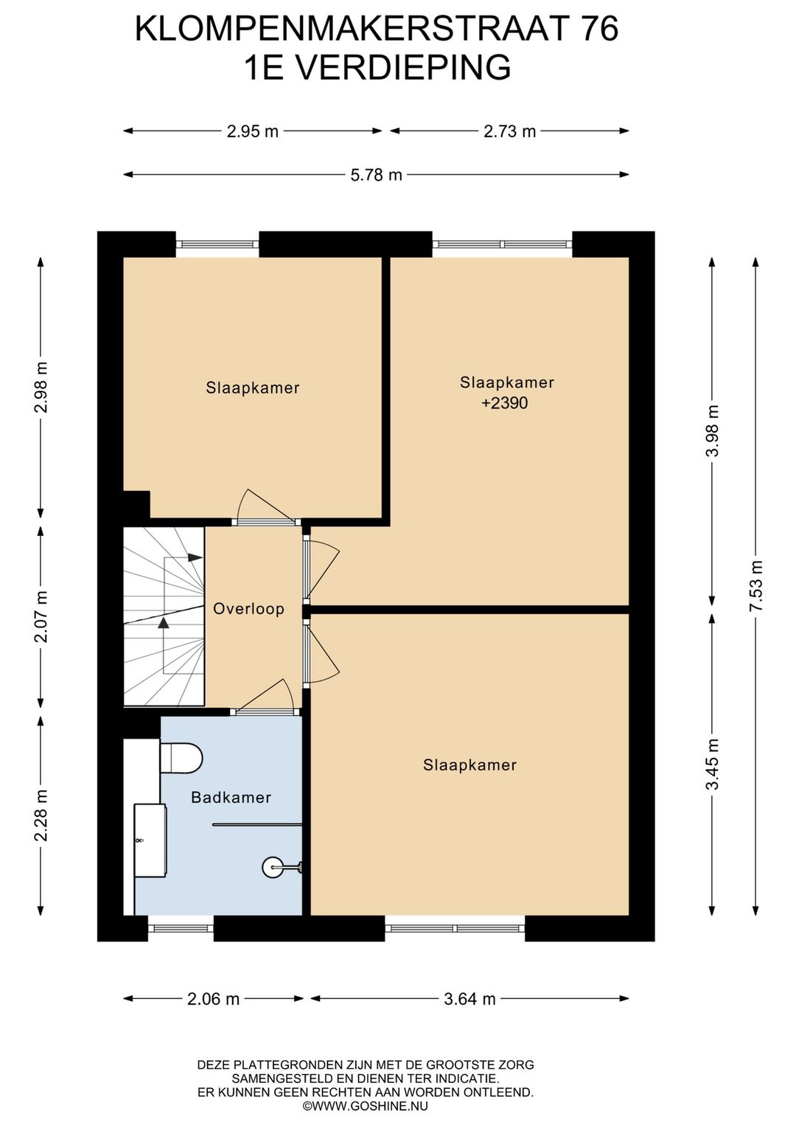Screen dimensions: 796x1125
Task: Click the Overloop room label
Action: click(248, 609)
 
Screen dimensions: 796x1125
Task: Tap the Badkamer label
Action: click(231, 797)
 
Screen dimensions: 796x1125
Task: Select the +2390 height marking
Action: click(505, 403)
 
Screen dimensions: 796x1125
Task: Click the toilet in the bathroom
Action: click(181, 758)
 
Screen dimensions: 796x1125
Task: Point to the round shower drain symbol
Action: click(273, 866)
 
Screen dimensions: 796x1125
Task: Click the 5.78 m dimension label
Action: click(376, 175)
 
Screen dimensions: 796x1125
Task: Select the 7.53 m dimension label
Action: click(755, 585)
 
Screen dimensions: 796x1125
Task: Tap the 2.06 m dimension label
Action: click(213, 999)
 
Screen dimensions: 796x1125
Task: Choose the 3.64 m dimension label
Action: click(469, 999)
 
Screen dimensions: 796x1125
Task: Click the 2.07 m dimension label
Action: click(42, 616)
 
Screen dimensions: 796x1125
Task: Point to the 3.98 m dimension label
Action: click(712, 431)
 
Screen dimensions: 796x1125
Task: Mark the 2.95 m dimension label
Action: click(253, 131)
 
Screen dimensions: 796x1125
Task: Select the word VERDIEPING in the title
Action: click(402, 68)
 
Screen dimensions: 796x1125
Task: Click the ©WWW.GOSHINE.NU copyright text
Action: click(365, 1105)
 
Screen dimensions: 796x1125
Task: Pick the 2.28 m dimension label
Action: click(42, 815)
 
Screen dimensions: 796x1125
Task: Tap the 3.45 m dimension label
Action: click(712, 764)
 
